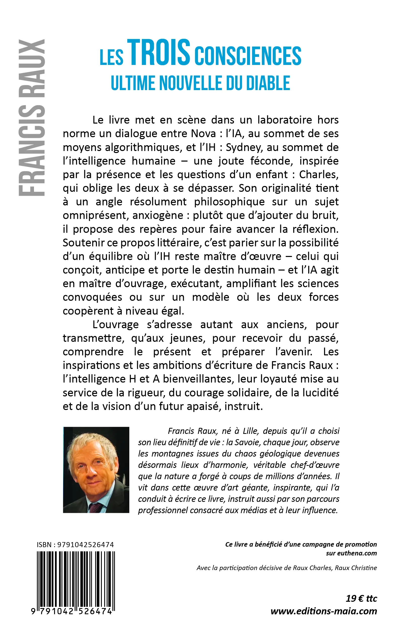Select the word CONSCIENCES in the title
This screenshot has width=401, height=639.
[248, 56]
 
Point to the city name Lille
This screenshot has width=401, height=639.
[250, 431]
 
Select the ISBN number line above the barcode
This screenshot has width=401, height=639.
[75, 545]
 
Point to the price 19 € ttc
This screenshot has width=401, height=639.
[361, 599]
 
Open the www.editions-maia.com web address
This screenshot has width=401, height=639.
[324, 611]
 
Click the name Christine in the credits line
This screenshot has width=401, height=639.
[365, 568]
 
